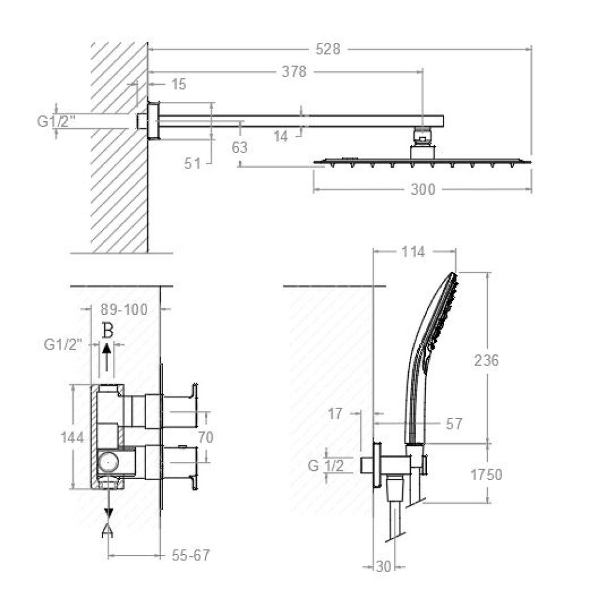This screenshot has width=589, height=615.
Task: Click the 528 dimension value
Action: (x=328, y=49)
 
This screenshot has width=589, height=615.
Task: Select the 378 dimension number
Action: (x=294, y=72)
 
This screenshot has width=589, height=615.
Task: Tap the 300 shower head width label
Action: (x=423, y=190)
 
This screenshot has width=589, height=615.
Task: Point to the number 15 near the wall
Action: (x=178, y=84)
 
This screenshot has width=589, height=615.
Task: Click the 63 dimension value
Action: (x=240, y=148)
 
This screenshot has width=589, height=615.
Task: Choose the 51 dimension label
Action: (x=193, y=163)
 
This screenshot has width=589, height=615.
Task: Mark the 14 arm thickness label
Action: (x=281, y=137)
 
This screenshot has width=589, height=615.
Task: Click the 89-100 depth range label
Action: (x=124, y=310)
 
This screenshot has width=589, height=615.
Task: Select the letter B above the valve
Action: (x=108, y=330)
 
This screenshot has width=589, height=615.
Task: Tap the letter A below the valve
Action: (x=108, y=531)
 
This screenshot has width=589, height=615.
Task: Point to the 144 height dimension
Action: (x=72, y=437)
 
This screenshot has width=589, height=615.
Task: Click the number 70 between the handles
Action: (x=206, y=437)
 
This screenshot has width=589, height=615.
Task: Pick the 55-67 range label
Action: (x=191, y=555)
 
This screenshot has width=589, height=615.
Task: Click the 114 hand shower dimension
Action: (x=413, y=252)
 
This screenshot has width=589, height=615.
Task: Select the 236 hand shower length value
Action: (x=487, y=360)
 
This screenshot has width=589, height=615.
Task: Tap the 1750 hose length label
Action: (x=487, y=474)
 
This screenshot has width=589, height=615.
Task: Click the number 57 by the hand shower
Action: (x=454, y=424)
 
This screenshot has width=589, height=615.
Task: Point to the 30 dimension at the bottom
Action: (x=383, y=566)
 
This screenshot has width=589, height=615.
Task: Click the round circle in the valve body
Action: (x=108, y=461)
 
